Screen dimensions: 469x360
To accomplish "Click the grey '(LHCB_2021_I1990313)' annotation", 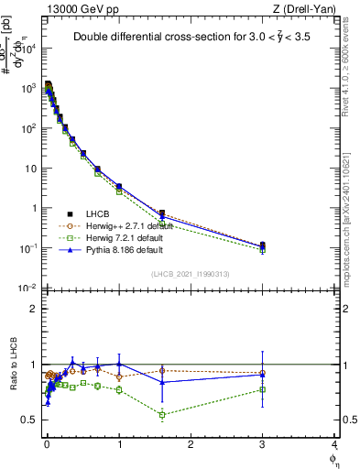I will point(191,275).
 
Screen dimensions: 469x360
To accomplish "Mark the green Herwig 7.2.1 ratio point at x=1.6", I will point(162,415).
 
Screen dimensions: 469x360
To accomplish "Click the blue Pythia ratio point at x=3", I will point(263,374).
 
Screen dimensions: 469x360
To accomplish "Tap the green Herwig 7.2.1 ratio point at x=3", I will point(263,389).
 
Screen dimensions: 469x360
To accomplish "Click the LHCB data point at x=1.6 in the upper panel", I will point(162,213).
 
